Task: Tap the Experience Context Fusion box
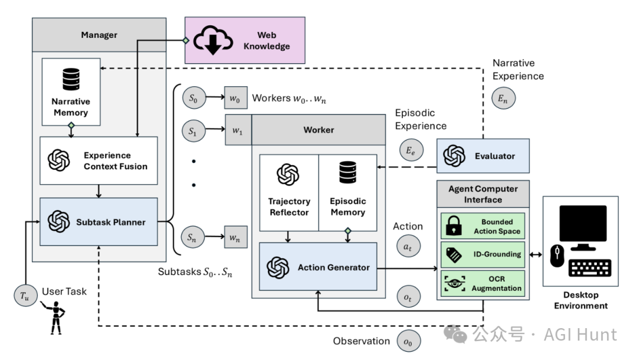click(x=98, y=160)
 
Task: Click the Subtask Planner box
click(x=98, y=222)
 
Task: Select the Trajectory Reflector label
click(x=289, y=207)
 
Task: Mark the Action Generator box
click(x=317, y=267)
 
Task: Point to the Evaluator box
click(x=483, y=156)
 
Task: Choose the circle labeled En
click(x=505, y=99)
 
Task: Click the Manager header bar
click(x=98, y=35)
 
